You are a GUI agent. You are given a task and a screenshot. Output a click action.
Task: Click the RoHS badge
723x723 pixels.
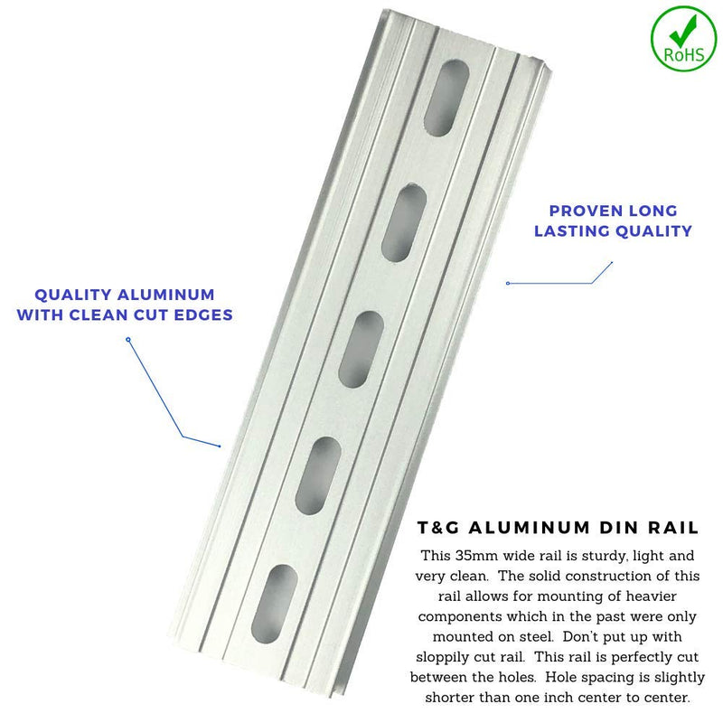(684, 38)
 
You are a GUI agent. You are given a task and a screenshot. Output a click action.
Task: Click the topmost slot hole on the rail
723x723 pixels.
(446, 99)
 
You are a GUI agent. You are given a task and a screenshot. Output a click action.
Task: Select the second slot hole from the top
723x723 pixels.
(404, 222)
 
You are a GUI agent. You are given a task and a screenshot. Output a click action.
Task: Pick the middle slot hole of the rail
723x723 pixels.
(361, 349)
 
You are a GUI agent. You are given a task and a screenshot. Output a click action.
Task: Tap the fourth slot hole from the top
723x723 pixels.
(318, 476)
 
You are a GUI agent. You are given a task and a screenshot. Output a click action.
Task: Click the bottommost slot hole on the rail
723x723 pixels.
(275, 604)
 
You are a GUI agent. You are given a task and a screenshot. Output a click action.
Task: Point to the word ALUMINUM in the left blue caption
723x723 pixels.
(166, 295)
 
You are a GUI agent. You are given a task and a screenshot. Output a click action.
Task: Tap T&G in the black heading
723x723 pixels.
(438, 528)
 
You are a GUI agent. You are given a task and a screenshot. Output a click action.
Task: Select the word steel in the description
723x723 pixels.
(536, 637)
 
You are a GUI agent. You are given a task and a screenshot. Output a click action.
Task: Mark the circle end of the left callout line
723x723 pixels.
(128, 340)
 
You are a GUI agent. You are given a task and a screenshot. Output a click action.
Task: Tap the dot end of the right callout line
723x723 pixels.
(508, 283)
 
